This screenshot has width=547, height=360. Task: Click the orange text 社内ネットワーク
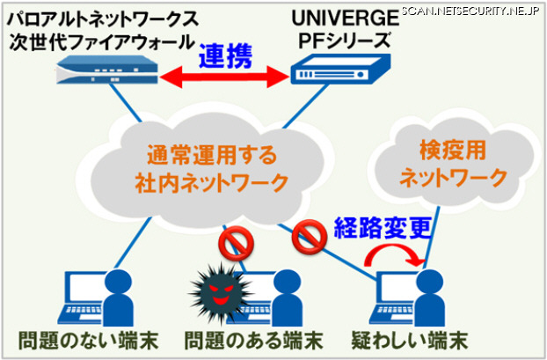click(x=211, y=184)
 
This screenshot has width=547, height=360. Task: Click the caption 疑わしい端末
click(x=416, y=341)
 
